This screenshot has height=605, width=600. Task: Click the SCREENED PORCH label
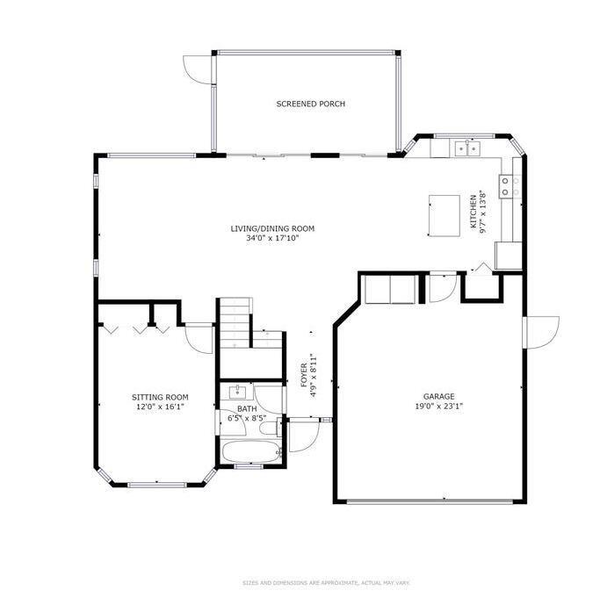[310, 104]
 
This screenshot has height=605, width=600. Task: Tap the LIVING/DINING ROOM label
[272, 228]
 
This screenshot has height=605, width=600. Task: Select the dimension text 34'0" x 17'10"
[272, 238]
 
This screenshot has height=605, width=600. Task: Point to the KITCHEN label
[473, 212]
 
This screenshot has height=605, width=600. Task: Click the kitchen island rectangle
[444, 216]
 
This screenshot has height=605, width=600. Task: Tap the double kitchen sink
[467, 148]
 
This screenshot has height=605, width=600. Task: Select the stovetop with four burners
[510, 186]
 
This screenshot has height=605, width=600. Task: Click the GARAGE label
[439, 396]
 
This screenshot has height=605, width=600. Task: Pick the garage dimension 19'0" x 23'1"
[439, 406]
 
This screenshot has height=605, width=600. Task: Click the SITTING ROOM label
[160, 397]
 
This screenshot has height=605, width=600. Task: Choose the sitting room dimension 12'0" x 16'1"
[160, 407]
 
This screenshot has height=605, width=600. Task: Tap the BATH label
[247, 408]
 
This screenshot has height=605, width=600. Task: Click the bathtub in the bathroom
[252, 451]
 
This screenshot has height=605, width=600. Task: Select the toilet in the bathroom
[270, 429]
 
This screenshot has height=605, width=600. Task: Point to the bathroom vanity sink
[237, 392]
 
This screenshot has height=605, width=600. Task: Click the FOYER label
[304, 375]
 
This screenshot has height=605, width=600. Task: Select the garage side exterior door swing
[541, 333]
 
